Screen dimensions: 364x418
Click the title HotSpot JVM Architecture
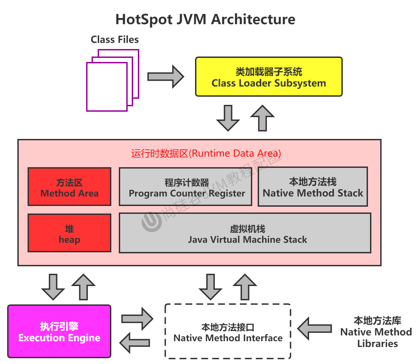pyautogui.click(x=205, y=19)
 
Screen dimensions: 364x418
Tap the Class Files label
pyautogui.click(x=115, y=39)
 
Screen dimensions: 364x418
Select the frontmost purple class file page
pyautogui.click(x=107, y=87)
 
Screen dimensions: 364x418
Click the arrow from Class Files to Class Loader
pyautogui.click(x=165, y=77)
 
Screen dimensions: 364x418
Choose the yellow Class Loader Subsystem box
pyautogui.click(x=269, y=77)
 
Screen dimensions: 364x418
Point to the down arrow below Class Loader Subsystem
pyautogui.click(x=228, y=118)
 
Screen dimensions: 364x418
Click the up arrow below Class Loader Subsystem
pyautogui.click(x=262, y=118)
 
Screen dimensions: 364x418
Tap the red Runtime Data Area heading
pyautogui.click(x=206, y=154)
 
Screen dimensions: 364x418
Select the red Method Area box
pyautogui.click(x=69, y=187)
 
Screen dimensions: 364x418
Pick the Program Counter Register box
pyautogui.click(x=186, y=187)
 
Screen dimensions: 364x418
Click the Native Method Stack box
pyautogui.click(x=313, y=187)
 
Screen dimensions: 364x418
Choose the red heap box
pyautogui.click(x=69, y=233)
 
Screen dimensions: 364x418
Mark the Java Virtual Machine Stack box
pyautogui.click(x=245, y=233)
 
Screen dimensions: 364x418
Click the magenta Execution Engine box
pyautogui.click(x=59, y=331)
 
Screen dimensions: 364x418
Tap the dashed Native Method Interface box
pyautogui.click(x=228, y=331)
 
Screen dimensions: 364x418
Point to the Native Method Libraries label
pyautogui.click(x=377, y=332)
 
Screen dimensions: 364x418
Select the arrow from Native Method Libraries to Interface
pyautogui.click(x=314, y=328)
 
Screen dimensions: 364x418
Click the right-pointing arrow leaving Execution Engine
pyautogui.click(x=137, y=319)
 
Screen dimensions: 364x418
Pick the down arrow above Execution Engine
pyautogui.click(x=53, y=286)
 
